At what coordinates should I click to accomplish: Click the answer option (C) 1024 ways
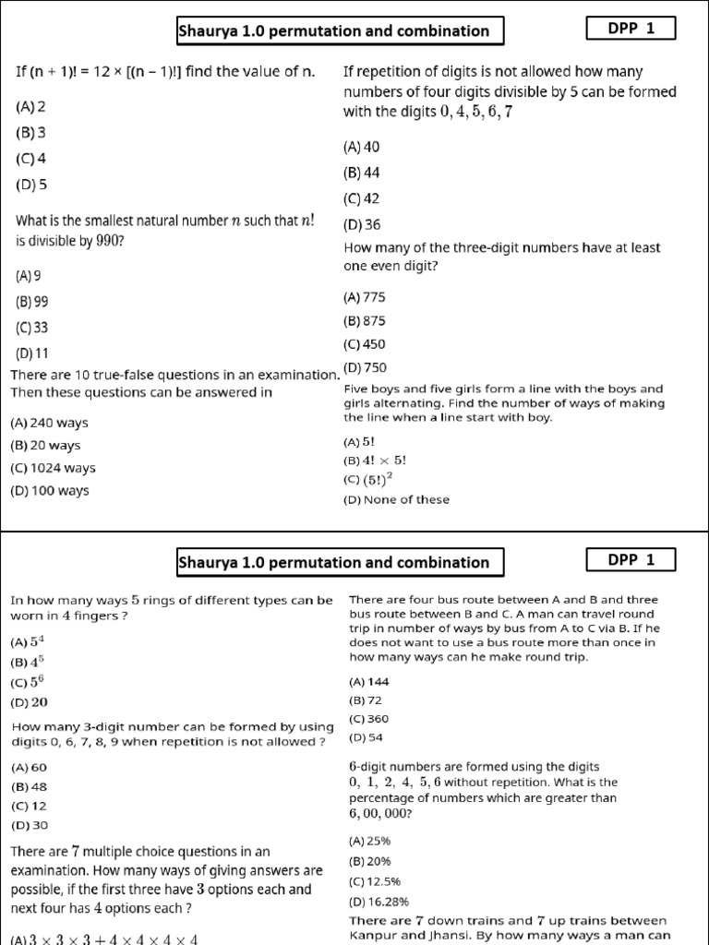[53, 468]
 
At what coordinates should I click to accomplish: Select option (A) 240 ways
[49, 423]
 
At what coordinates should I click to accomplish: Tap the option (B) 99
[32, 301]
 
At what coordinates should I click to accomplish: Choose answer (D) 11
[32, 353]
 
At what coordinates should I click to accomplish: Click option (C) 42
[361, 198]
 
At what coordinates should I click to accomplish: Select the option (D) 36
[361, 224]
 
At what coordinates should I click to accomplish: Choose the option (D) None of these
[396, 499]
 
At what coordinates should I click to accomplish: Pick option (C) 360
[368, 718]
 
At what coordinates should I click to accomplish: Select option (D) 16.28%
[378, 902]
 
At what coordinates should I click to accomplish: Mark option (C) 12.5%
[374, 881]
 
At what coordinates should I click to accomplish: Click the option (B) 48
[29, 787]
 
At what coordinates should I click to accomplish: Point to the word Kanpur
[373, 935]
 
